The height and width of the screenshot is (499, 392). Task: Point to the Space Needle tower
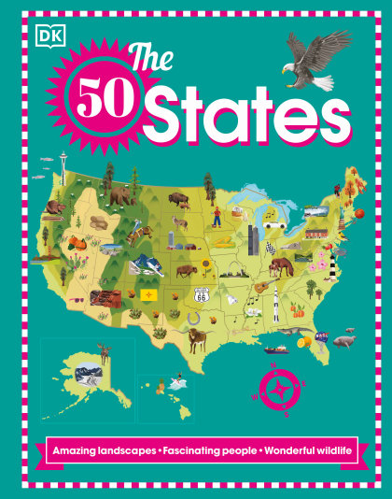point(63,161)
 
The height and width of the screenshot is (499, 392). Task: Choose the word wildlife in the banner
point(325,451)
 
